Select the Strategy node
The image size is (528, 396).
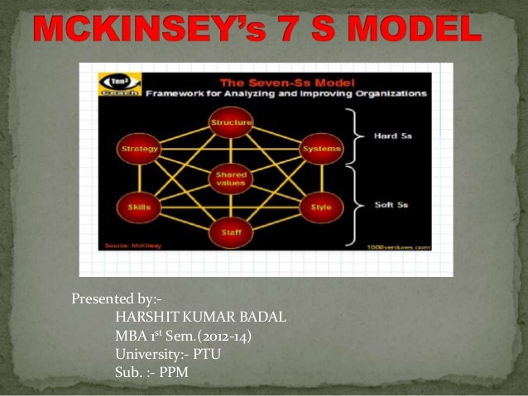tap(134, 149)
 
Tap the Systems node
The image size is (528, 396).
tap(319, 149)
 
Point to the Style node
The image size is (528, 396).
tap(319, 206)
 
